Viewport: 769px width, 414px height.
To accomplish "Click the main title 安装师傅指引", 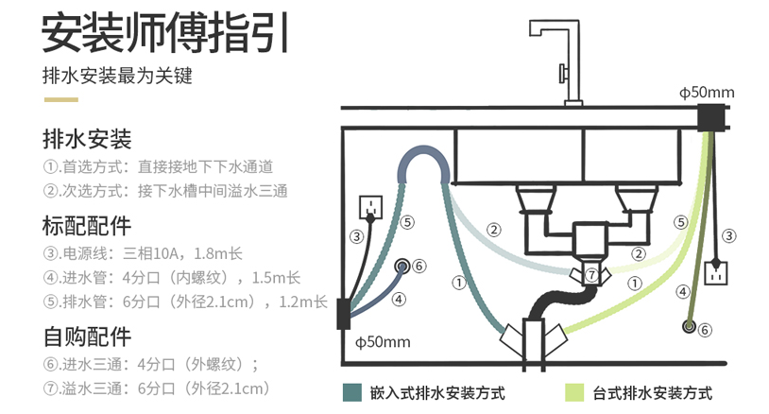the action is [165, 33].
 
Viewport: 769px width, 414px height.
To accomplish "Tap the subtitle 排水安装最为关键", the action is [117, 76].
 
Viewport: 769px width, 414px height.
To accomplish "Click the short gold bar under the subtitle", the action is [60, 99].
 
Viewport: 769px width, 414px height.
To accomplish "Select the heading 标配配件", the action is [87, 226].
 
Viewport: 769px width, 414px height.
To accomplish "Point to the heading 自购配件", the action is [87, 336].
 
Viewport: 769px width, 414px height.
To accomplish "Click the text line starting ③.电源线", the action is [143, 253].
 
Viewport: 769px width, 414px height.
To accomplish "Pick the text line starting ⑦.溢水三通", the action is [157, 388].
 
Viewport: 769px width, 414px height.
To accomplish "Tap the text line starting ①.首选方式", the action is [158, 166].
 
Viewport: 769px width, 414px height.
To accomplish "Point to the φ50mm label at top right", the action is [707, 93].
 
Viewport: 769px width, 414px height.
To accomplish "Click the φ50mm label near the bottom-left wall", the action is [383, 342].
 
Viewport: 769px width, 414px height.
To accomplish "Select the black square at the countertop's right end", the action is [710, 118].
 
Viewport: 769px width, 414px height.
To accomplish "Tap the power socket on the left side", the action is [371, 207].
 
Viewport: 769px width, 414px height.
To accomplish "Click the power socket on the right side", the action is [715, 274].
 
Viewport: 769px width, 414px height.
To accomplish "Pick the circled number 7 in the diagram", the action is [592, 275].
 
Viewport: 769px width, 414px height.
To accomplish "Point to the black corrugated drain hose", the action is [556, 296].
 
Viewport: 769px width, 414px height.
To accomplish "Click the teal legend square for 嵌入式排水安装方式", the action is [352, 393].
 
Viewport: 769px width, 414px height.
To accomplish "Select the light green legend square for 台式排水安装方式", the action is [574, 393].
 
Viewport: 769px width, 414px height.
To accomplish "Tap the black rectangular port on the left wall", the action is [343, 314].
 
